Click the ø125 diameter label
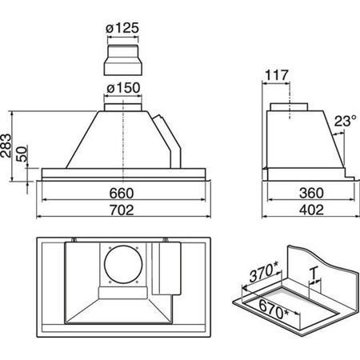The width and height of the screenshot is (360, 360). (122, 28)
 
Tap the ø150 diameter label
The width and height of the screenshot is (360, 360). (123, 88)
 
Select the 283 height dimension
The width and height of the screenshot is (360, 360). (6, 146)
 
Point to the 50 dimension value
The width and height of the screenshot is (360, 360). (22, 154)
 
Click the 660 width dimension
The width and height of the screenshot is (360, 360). (122, 194)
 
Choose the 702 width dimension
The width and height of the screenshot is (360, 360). (122, 210)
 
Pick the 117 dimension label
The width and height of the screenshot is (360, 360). (277, 75)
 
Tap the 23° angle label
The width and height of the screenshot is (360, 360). (345, 121)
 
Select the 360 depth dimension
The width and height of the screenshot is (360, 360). (311, 193)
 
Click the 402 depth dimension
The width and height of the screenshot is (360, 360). (311, 210)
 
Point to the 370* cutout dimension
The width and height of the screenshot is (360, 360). (264, 272)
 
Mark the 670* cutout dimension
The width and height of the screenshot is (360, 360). (274, 310)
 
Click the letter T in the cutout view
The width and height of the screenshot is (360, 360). (314, 274)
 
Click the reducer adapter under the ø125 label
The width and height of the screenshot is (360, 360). (122, 60)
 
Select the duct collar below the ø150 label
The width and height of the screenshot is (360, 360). (123, 107)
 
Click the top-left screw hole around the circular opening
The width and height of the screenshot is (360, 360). (110, 248)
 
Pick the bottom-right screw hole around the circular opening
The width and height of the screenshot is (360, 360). (137, 282)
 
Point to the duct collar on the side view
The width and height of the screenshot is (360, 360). (289, 107)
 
